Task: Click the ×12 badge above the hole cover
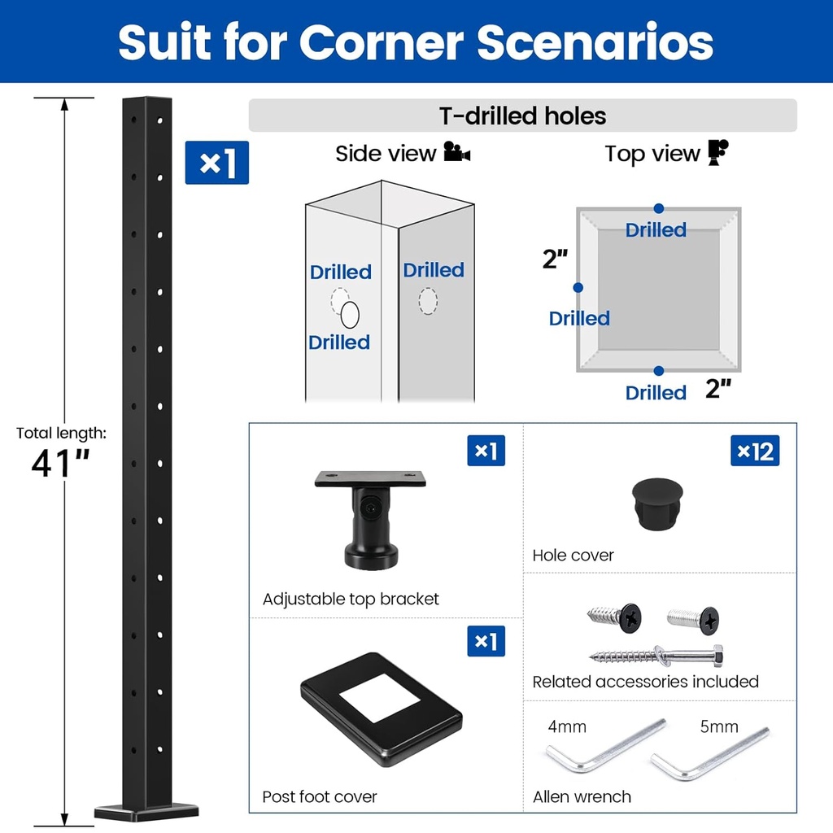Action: (x=756, y=450)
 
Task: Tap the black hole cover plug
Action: (x=657, y=504)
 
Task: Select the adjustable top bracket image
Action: (x=370, y=517)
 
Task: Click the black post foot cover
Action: (x=381, y=708)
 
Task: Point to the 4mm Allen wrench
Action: (x=604, y=745)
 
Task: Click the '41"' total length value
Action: (x=60, y=463)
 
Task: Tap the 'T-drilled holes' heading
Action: (x=523, y=116)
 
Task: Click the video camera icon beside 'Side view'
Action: (x=457, y=153)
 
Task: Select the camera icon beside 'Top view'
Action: (x=717, y=152)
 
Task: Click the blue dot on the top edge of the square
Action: (x=658, y=209)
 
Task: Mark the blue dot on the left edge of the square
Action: (x=578, y=287)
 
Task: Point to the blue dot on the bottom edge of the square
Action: (x=658, y=371)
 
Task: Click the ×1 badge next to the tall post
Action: (x=216, y=163)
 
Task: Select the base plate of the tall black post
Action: (x=146, y=810)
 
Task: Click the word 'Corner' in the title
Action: (x=382, y=42)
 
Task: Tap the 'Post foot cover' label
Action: (x=320, y=796)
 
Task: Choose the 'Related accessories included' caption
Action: (x=645, y=682)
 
